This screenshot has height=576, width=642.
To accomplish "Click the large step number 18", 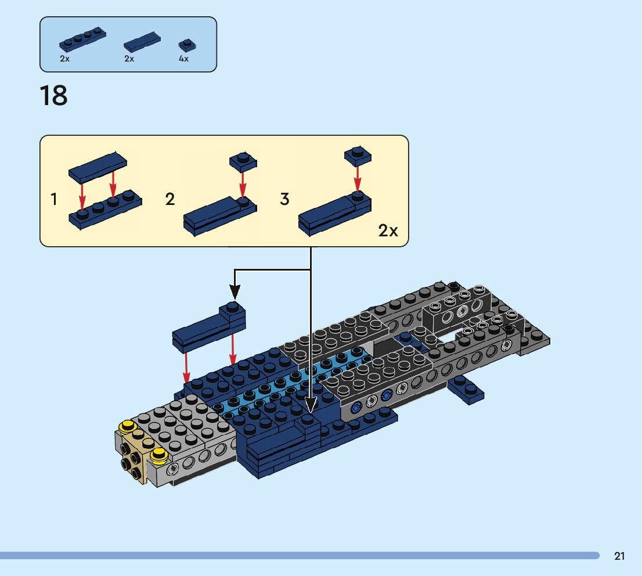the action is pos(53,96).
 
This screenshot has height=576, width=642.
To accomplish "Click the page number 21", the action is pos(619,556).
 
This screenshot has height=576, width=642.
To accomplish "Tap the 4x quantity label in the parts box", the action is pos(183,59).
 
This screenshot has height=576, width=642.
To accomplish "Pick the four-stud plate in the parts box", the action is pos(82,39).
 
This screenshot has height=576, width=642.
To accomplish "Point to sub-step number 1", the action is pos(54,200).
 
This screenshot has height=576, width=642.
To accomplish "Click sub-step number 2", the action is pos(169,200).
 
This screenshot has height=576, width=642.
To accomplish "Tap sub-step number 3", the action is pos(284,199).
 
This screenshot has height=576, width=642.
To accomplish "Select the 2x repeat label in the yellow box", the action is pos(388,231).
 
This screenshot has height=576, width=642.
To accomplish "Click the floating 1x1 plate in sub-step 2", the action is pos(243,161).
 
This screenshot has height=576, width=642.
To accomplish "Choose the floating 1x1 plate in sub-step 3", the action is pos(358,156).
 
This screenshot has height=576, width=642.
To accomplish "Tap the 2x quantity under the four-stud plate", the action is pos(64,59).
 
